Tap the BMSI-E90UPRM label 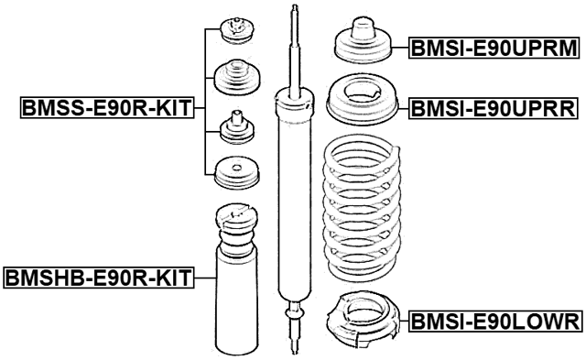pos(493,48)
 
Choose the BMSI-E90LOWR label pos(493,321)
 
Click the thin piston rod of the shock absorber pos(294,50)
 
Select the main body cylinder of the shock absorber pos(294,192)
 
